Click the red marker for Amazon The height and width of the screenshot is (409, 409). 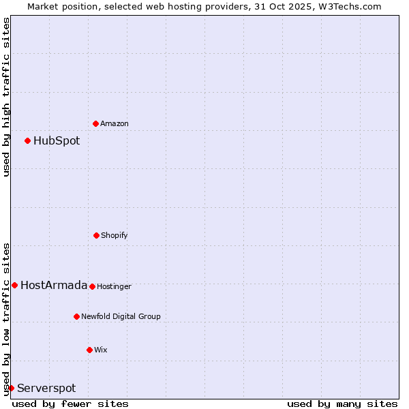pyautogui.click(x=95, y=123)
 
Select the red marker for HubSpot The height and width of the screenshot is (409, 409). pyautogui.click(x=27, y=140)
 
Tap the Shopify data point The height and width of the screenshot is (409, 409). pyautogui.click(x=96, y=235)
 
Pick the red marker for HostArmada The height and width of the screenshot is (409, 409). pyautogui.click(x=14, y=285)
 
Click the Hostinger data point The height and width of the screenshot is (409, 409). pyautogui.click(x=92, y=286)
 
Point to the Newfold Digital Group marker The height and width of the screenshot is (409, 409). pyautogui.click(x=76, y=316)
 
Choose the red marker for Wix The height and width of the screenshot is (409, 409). pyautogui.click(x=89, y=350)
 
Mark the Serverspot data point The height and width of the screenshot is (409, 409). pyautogui.click(x=11, y=388)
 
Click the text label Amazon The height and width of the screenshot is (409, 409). pyautogui.click(x=115, y=124)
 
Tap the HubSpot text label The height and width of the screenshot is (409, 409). pyautogui.click(x=57, y=141)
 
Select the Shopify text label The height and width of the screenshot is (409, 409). pyautogui.click(x=115, y=236)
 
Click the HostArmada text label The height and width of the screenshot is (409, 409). pyautogui.click(x=54, y=286)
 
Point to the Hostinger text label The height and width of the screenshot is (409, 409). pyautogui.click(x=114, y=287)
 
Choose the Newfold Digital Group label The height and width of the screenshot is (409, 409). pyautogui.click(x=121, y=317)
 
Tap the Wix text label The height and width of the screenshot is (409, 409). pyautogui.click(x=101, y=350)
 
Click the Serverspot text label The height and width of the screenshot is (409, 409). pyautogui.click(x=46, y=389)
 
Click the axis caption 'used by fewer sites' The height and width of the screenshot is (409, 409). pyautogui.click(x=70, y=404)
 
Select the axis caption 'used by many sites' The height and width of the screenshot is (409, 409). pyautogui.click(x=342, y=404)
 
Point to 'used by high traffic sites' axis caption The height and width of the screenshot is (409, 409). pyautogui.click(x=6, y=97)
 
